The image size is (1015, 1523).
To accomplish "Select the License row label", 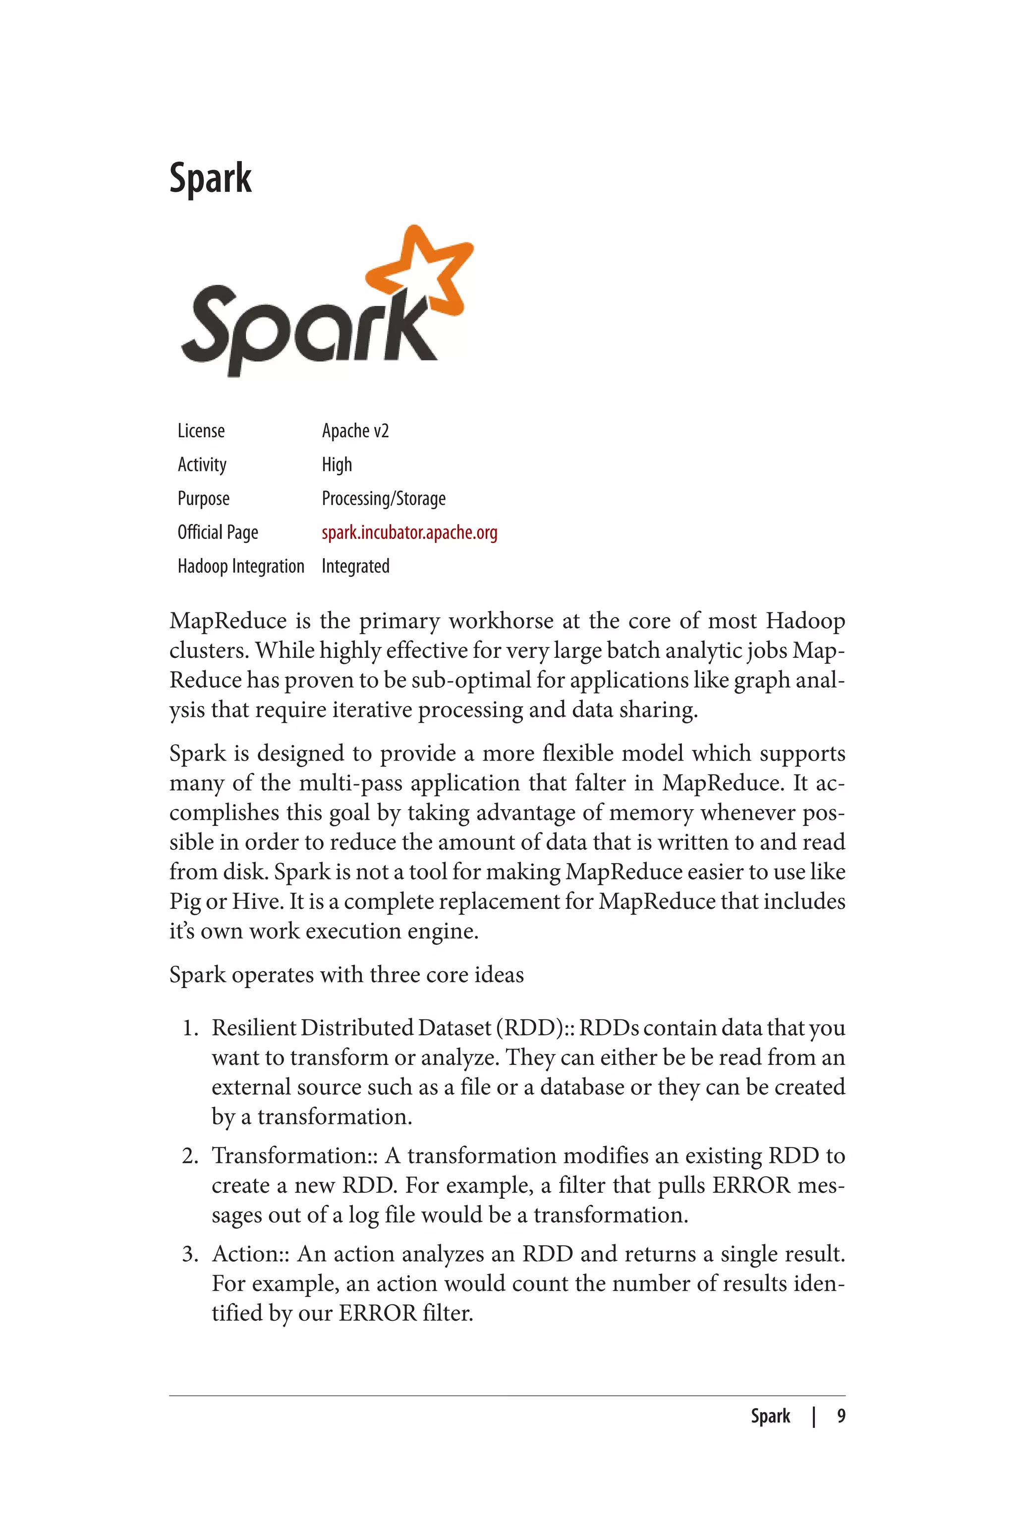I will click(x=201, y=431).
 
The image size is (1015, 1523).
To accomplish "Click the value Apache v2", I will click(x=355, y=431).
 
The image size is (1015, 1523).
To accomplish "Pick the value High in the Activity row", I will click(x=337, y=465).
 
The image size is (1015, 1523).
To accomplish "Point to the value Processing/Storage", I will click(x=383, y=499).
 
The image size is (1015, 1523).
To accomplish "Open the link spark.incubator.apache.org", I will click(x=409, y=532).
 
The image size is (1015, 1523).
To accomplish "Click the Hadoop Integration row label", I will click(x=240, y=567).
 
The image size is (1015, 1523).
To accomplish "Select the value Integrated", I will click(x=355, y=567).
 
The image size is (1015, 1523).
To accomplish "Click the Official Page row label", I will click(x=218, y=532).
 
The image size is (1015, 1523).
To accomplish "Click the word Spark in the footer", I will click(x=770, y=1417).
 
